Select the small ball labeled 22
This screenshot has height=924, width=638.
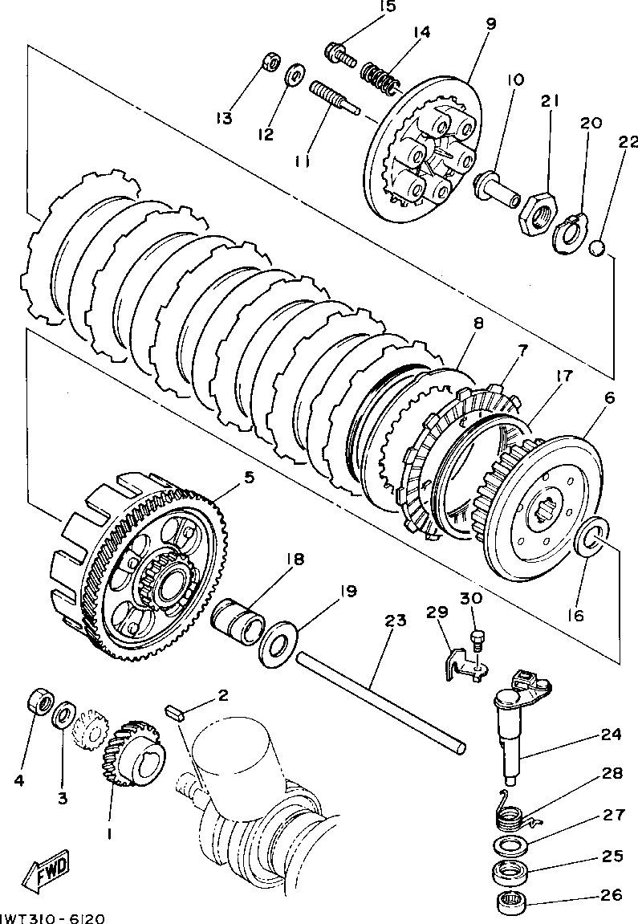click(596, 248)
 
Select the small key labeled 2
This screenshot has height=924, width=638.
click(176, 710)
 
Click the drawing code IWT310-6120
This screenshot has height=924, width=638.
click(51, 916)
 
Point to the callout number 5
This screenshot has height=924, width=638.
click(249, 477)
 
